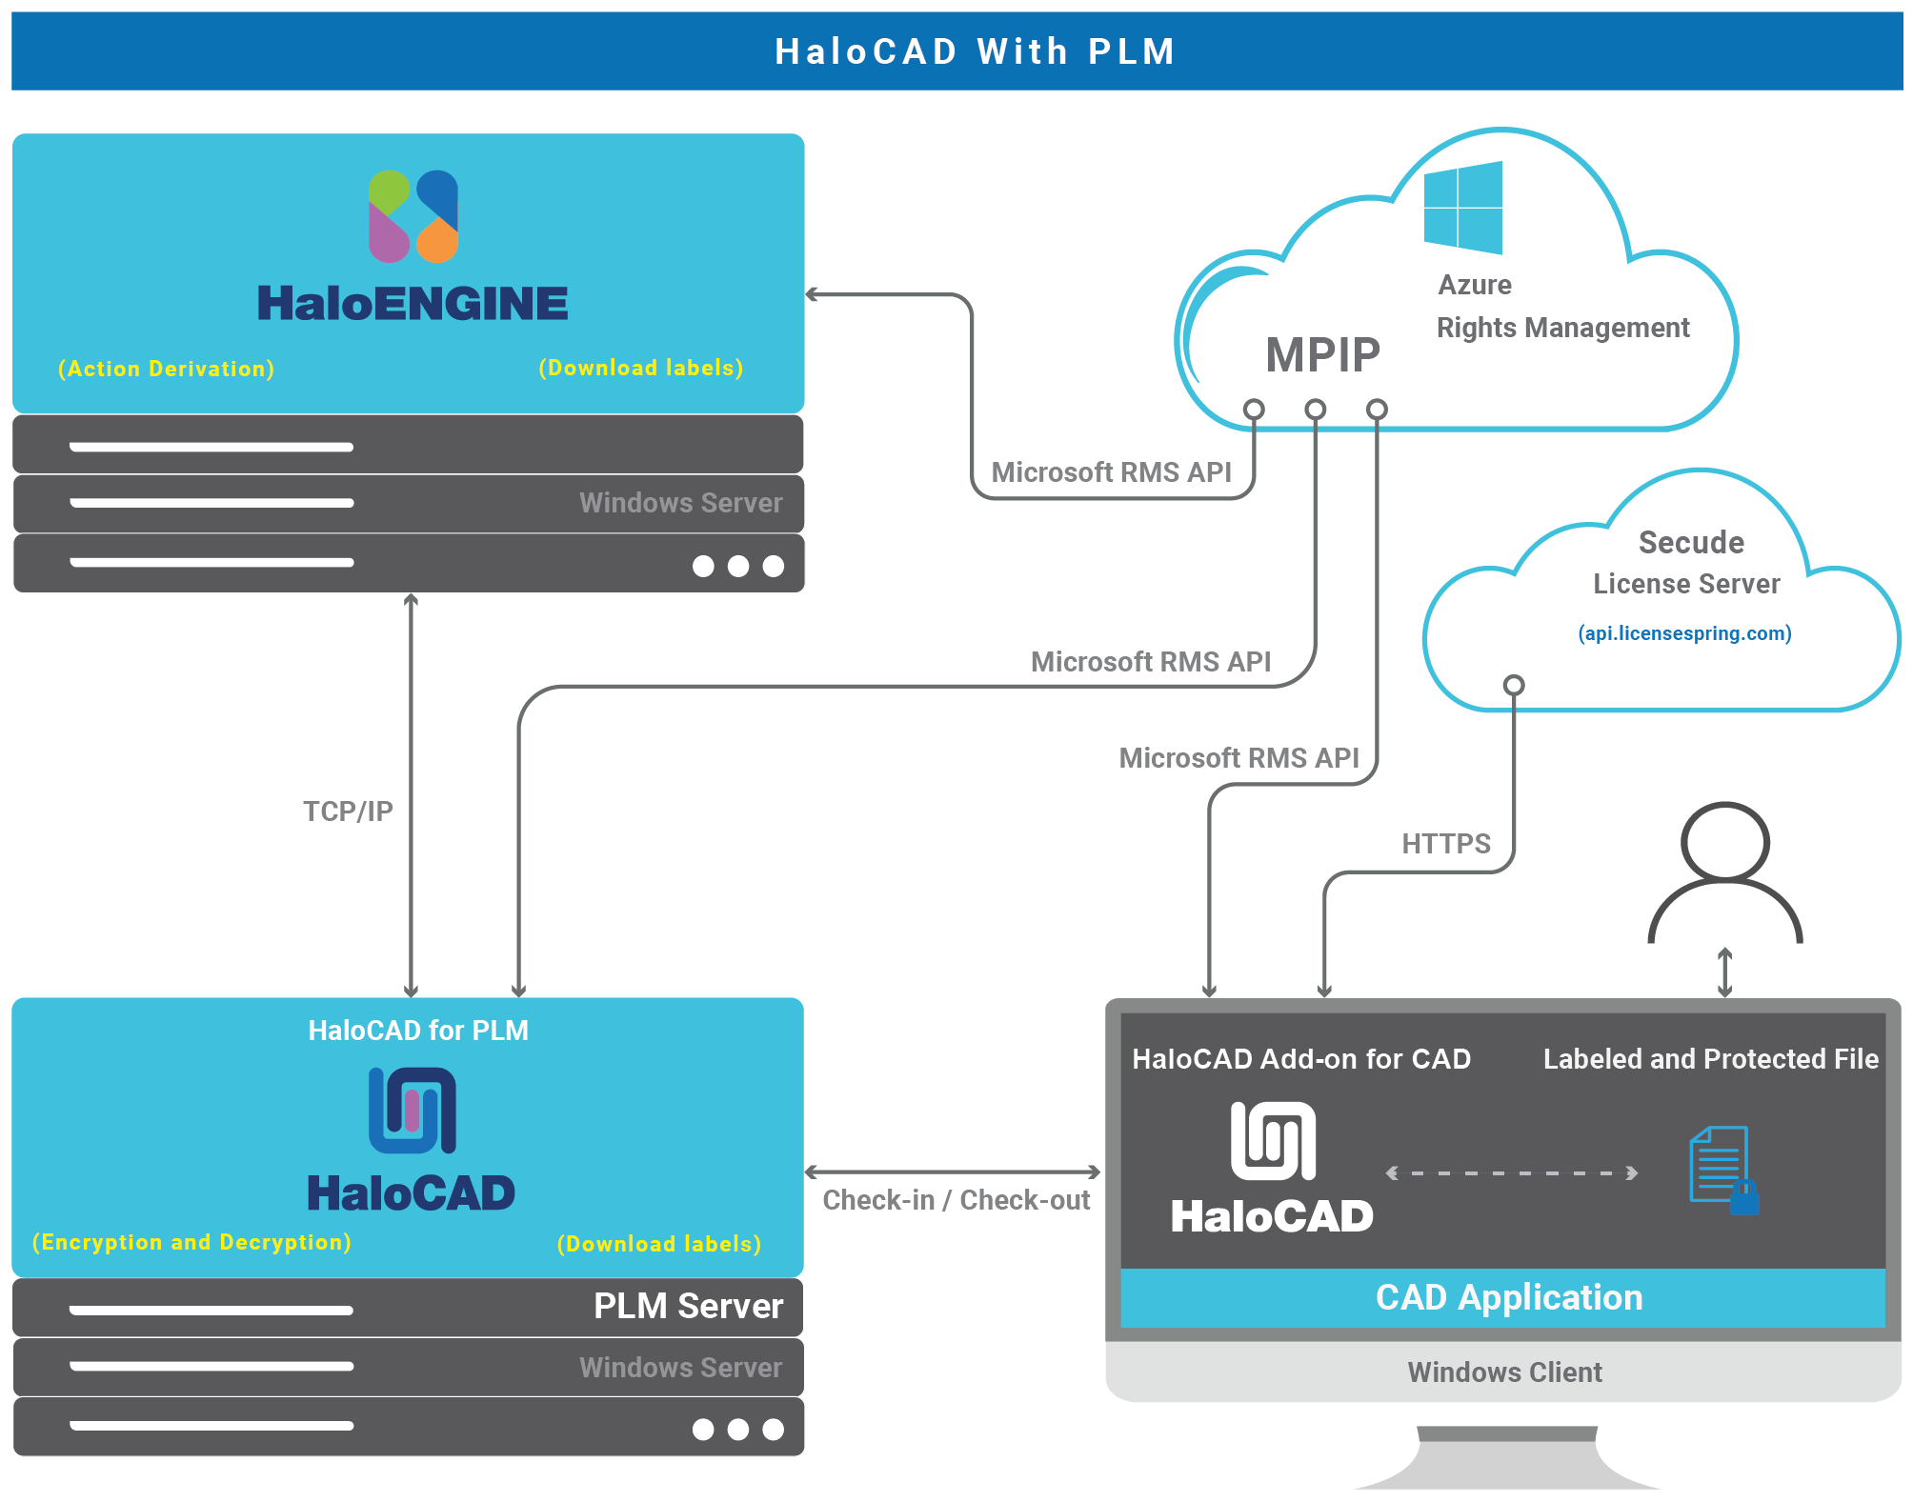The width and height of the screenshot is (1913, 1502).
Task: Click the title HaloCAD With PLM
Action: click(x=975, y=51)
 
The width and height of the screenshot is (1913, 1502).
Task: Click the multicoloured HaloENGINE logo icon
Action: click(x=413, y=216)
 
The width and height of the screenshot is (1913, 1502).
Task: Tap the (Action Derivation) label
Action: click(x=166, y=369)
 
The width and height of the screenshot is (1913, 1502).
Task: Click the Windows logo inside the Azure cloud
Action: click(x=1462, y=208)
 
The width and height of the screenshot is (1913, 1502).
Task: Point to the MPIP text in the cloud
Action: click(x=1322, y=355)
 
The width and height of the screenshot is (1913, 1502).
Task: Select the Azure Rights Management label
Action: click(x=1562, y=308)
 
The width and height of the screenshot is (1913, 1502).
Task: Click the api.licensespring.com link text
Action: click(x=1684, y=633)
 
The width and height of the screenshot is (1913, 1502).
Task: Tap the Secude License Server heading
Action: click(x=1688, y=562)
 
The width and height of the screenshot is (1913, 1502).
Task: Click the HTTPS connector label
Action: click(x=1445, y=843)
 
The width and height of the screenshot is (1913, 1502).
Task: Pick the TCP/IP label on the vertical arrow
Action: click(x=348, y=811)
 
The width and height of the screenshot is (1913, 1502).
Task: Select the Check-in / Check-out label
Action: click(x=956, y=1199)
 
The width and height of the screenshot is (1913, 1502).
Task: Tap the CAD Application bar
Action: click(x=1508, y=1297)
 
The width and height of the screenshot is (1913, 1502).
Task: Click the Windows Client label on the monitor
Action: click(x=1504, y=1372)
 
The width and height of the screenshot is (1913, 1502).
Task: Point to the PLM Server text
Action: click(x=688, y=1306)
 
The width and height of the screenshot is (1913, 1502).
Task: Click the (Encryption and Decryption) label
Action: click(x=191, y=1242)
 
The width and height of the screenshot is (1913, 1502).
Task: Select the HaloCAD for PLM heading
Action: click(x=418, y=1031)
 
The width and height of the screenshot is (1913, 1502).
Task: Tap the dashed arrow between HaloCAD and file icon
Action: click(x=1511, y=1172)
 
